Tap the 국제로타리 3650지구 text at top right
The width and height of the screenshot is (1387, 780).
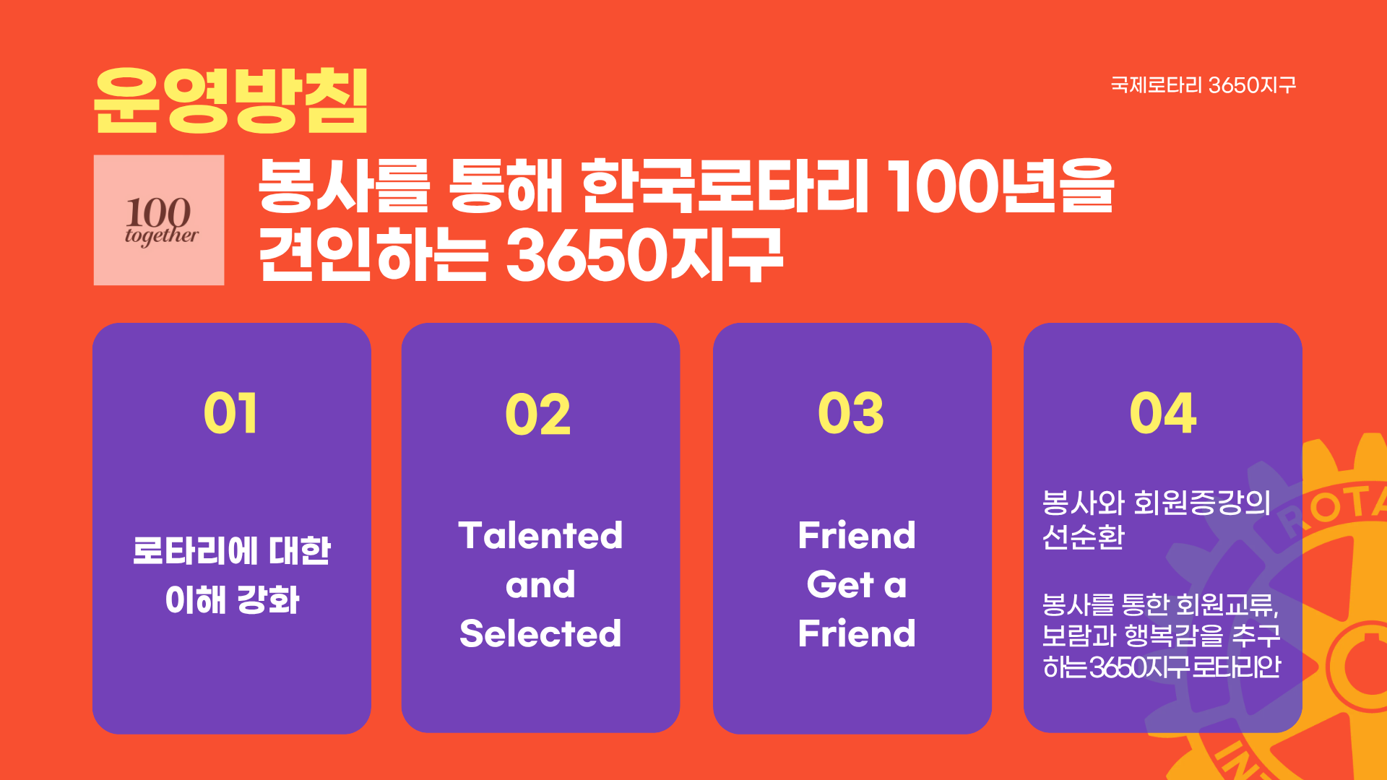1204,85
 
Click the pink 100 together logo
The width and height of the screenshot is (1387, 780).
159,220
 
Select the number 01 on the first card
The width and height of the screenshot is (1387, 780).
230,414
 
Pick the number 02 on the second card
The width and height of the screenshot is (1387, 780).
538,415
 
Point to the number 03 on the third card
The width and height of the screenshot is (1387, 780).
851,414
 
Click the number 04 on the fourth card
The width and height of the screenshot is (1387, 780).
1163,414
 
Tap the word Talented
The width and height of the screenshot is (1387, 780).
540,536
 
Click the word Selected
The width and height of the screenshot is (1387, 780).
540,633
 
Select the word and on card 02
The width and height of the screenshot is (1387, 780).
540,585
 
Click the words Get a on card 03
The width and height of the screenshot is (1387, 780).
857,585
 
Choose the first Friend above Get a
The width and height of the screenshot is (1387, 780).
857,536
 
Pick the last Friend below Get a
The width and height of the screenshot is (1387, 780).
857,633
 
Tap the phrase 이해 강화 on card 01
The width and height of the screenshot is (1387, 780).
232,600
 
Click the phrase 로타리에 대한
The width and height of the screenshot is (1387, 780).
232,551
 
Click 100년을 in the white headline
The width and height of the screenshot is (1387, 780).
1001,186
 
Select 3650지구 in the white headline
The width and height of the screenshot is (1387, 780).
644,254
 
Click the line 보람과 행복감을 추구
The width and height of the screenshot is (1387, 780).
1161,636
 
